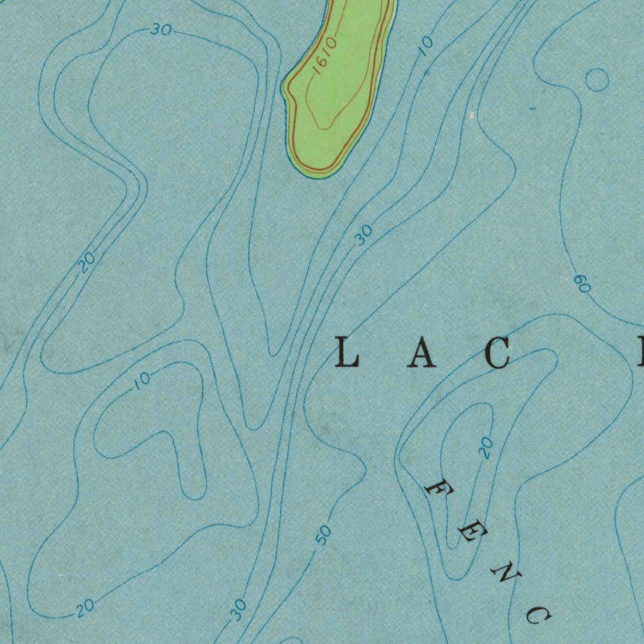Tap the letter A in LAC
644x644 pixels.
(x=421, y=353)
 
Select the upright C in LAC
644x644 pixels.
(x=498, y=353)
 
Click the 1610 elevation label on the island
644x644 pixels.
(x=326, y=57)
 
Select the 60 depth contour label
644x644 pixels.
(x=582, y=284)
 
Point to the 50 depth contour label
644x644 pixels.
(x=323, y=535)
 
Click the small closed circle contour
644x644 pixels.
(x=597, y=80)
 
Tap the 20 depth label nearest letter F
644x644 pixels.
(x=485, y=448)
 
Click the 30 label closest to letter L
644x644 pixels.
(x=364, y=235)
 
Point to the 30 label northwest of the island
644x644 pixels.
(x=161, y=29)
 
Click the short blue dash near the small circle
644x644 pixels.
(x=533, y=109)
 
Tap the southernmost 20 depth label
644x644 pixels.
(x=86, y=607)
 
